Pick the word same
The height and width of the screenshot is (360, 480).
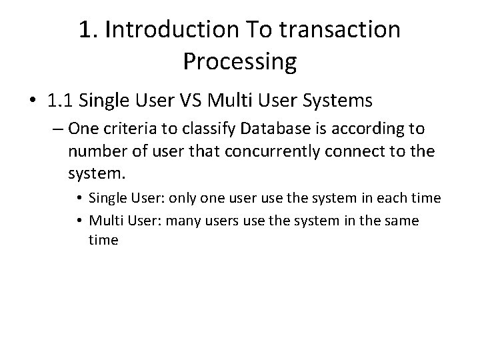401,220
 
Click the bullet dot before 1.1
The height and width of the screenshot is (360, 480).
32,101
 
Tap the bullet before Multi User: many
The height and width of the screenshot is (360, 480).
79,221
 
